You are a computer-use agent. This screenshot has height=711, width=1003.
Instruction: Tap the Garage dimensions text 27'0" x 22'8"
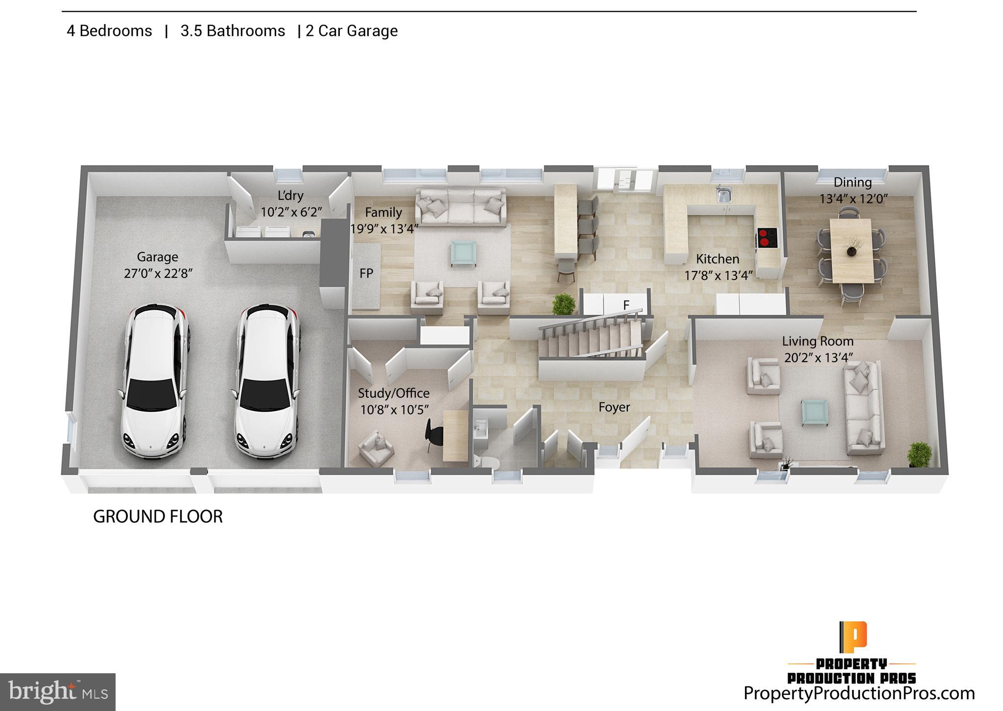click(x=158, y=273)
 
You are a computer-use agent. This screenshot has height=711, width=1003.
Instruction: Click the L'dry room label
click(x=290, y=196)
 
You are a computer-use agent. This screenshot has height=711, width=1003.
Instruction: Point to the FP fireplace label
click(x=366, y=273)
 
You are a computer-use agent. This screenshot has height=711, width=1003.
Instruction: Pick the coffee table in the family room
click(x=463, y=252)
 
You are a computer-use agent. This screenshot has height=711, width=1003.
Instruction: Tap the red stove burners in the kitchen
click(x=766, y=238)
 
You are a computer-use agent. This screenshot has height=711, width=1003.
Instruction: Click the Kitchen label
click(x=717, y=259)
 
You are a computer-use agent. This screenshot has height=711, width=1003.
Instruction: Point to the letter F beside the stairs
click(x=626, y=305)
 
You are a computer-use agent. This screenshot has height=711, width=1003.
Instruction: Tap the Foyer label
click(x=614, y=407)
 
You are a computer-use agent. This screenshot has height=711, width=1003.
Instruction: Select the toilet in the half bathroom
click(x=487, y=462)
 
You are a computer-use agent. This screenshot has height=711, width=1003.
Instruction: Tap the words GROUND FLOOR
click(x=158, y=516)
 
